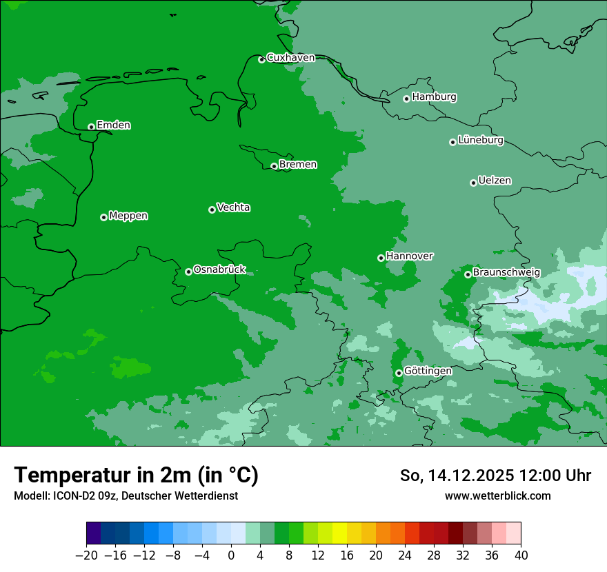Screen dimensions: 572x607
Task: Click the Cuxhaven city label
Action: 290,58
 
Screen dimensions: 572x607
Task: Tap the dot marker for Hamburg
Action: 406,99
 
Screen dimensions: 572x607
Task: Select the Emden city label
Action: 113,125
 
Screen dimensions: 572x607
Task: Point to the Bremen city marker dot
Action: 274,166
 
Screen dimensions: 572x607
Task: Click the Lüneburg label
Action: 480,141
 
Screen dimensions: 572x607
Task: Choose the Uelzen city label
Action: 495,181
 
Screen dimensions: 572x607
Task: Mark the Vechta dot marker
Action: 212,210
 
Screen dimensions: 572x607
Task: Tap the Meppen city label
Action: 128,216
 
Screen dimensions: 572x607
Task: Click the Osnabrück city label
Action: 219,270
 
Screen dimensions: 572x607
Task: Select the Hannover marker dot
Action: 381,258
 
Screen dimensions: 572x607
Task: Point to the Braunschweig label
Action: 506,273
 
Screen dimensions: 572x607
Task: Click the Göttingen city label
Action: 428,371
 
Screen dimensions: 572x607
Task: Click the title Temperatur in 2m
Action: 136,476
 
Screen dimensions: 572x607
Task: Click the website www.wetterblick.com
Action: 497,496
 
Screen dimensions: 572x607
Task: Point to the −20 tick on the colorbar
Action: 86,555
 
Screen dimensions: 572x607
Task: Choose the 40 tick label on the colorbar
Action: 521,555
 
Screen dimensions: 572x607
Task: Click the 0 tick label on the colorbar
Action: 231,555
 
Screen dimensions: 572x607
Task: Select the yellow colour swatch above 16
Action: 339,533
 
